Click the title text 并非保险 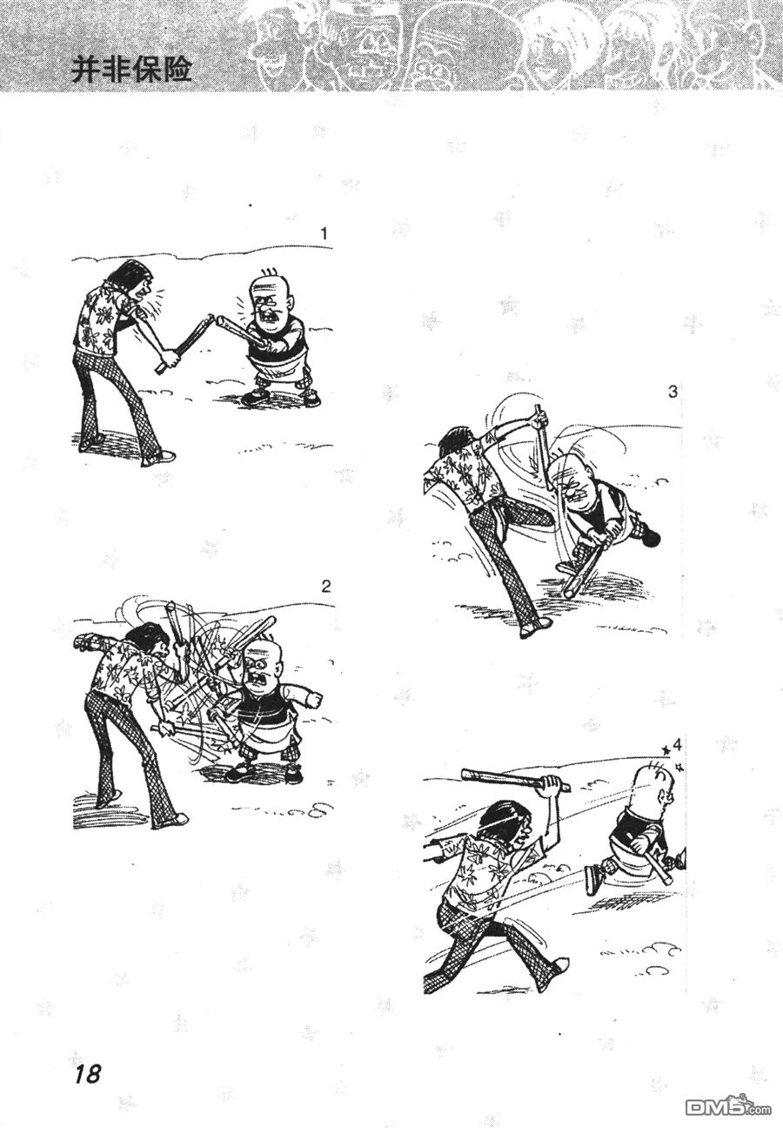130,70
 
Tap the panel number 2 325,585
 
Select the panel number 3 673,392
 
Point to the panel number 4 677,745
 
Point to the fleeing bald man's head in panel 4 649,784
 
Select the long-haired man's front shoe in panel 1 158,456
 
